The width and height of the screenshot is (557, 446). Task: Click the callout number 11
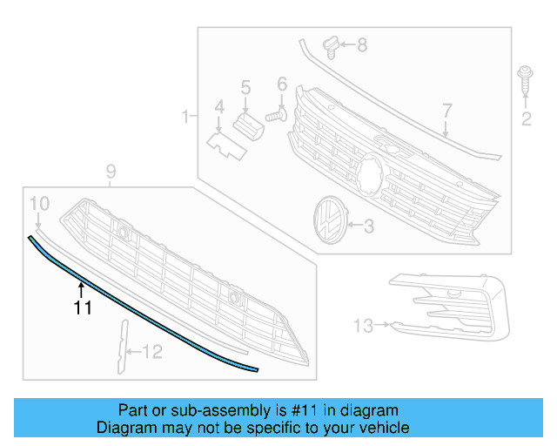pyautogui.click(x=83, y=307)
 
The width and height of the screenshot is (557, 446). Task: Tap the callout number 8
pyautogui.click(x=362, y=44)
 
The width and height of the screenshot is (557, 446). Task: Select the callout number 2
pyautogui.click(x=526, y=119)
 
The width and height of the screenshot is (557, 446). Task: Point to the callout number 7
pyautogui.click(x=446, y=111)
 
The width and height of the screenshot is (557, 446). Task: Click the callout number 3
pyautogui.click(x=368, y=226)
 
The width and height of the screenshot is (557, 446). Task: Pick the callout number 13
pyautogui.click(x=363, y=326)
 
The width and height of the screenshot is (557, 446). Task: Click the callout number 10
pyautogui.click(x=39, y=204)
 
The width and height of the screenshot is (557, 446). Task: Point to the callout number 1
pyautogui.click(x=185, y=116)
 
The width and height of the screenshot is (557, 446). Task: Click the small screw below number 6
pyautogui.click(x=277, y=113)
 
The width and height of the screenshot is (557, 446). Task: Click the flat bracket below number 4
pyautogui.click(x=225, y=143)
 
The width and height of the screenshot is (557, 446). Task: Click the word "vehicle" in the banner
pyautogui.click(x=380, y=428)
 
